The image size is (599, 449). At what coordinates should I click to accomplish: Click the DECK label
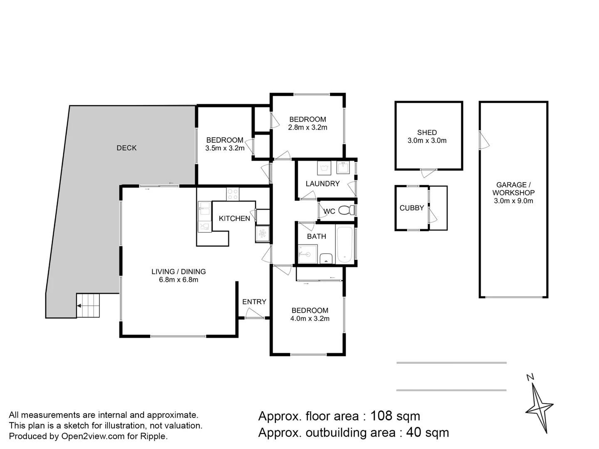tap(126, 148)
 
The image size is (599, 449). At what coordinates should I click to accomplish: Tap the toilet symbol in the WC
tap(347, 210)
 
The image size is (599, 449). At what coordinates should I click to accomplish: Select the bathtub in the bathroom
tap(345, 245)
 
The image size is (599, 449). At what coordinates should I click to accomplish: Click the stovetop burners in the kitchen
tap(233, 194)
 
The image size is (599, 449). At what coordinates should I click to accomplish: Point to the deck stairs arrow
tap(79, 306)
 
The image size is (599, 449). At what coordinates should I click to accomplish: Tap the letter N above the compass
tap(530, 377)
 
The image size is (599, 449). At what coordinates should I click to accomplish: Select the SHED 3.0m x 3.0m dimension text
tap(427, 141)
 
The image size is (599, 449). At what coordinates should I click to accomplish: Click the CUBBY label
tap(411, 208)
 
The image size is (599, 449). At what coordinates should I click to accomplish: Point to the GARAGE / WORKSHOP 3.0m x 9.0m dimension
tap(513, 201)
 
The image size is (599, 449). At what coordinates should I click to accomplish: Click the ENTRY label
tap(254, 302)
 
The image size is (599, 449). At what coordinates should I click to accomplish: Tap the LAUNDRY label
tap(322, 184)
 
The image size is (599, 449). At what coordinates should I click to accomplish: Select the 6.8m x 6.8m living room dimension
tap(178, 280)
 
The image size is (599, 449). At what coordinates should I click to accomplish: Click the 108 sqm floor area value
tap(395, 416)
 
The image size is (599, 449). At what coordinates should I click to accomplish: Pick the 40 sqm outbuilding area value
tap(427, 433)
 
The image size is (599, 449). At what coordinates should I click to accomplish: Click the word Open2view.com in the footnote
tap(93, 437)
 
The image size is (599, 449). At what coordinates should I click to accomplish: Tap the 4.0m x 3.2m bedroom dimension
tap(310, 318)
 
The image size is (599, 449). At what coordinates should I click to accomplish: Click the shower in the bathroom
tap(308, 254)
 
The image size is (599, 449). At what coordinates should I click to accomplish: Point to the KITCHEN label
tap(234, 218)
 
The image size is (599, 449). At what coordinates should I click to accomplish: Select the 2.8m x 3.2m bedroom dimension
tap(307, 127)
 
